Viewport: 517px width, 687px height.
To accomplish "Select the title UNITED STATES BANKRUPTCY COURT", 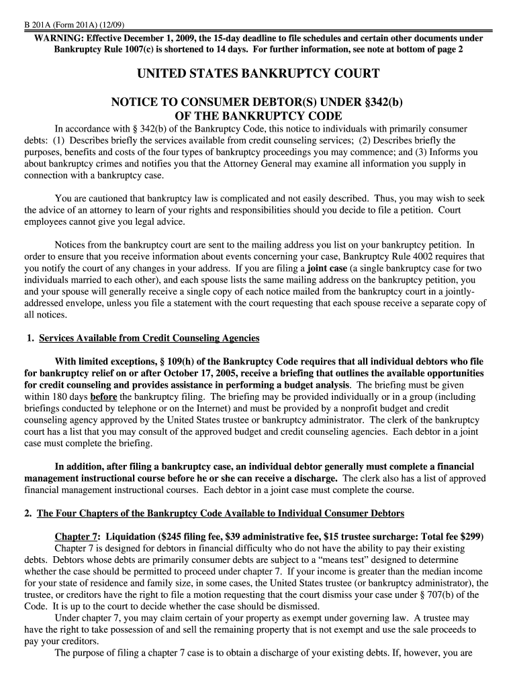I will click(258, 74).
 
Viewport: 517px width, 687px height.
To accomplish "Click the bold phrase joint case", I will click(327, 268).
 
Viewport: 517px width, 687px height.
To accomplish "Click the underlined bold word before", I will click(103, 397).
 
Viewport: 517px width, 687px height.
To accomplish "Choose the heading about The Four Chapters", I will click(220, 514).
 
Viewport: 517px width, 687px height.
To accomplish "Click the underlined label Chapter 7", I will click(77, 537).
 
